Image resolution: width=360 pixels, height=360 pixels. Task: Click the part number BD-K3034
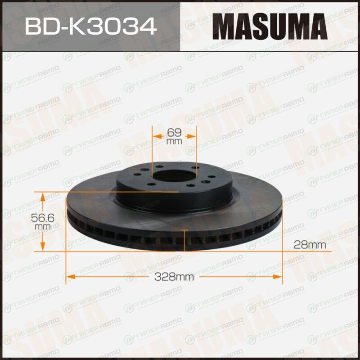pos(91,27)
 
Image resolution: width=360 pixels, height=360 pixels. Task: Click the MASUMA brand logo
pos(270,27)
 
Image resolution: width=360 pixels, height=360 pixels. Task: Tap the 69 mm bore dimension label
pos(174,136)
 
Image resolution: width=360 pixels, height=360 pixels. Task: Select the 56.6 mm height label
pos(43,221)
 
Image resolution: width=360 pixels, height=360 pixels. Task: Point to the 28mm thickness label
pos(310,245)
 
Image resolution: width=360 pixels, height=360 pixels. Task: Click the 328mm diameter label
pos(174,277)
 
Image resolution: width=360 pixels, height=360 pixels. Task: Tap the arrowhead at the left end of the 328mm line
pos(71,277)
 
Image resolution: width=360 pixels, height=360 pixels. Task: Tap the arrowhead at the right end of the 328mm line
pos(277,277)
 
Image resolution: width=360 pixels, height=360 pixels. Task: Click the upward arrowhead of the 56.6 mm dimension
pos(43,197)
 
